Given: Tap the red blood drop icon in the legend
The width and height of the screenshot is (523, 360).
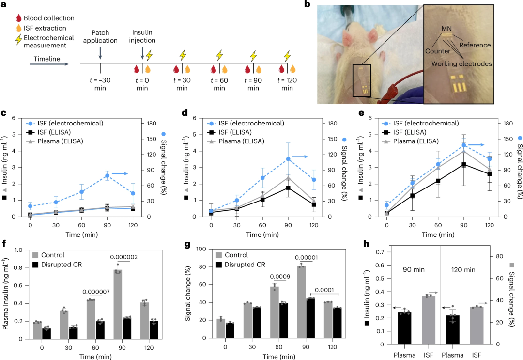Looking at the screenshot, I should [19, 18].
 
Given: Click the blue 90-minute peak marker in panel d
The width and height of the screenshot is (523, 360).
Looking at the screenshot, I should [288, 159].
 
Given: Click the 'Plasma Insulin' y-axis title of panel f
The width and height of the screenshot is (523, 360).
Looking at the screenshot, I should [6, 294].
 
